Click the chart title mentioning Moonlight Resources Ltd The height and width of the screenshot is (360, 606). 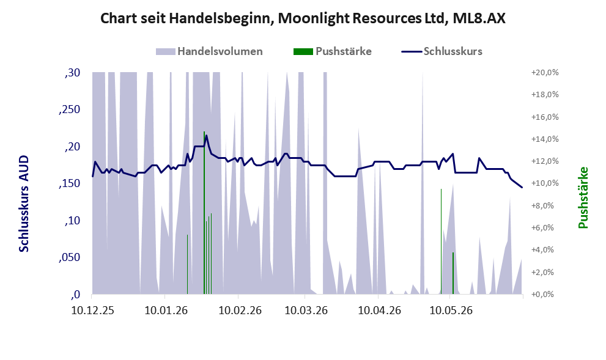[303, 18]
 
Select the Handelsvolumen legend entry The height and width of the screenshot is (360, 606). [209, 51]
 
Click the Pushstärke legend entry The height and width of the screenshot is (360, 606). [333, 51]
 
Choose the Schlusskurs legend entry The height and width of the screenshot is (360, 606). [442, 51]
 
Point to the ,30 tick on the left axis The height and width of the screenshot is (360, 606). [73, 73]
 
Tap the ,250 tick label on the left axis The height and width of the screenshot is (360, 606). [70, 109]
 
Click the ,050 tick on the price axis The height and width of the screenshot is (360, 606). [70, 257]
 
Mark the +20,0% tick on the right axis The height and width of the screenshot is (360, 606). [545, 73]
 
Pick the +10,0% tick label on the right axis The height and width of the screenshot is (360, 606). [545, 183]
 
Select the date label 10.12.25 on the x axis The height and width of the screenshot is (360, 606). [93, 310]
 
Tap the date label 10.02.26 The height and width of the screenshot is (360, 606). [240, 310]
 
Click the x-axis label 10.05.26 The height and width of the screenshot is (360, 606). [451, 310]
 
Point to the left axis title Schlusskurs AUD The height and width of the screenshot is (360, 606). [24, 204]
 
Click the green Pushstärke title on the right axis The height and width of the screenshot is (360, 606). [583, 197]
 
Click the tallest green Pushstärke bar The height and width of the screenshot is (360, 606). [204, 213]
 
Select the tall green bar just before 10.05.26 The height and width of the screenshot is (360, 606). [441, 242]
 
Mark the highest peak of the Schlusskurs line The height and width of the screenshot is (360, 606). [206, 135]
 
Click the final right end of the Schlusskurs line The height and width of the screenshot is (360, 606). [522, 188]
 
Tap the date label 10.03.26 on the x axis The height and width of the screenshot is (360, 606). [306, 310]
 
